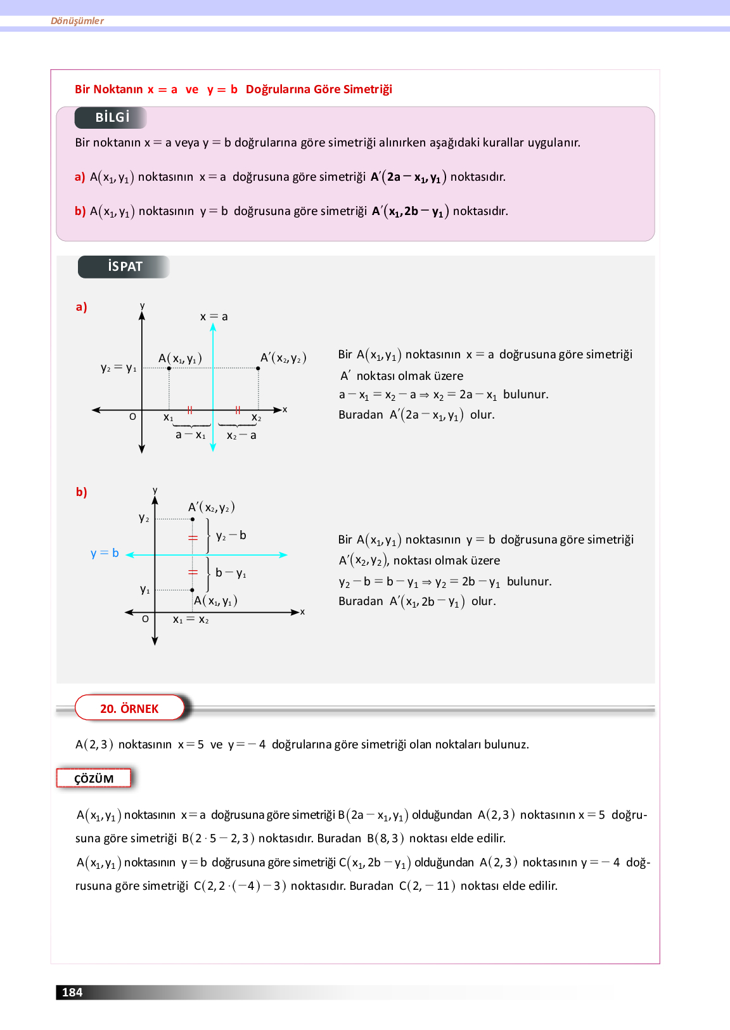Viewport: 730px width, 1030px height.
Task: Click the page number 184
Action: point(72,992)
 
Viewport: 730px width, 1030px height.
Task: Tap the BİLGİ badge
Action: point(112,117)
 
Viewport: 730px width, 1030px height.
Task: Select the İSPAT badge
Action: point(124,266)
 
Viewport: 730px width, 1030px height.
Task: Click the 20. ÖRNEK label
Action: point(129,708)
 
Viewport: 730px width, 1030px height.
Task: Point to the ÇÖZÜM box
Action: point(94,778)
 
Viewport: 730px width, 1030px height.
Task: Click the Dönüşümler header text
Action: point(77,21)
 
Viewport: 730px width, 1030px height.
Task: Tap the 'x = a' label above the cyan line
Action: point(214,316)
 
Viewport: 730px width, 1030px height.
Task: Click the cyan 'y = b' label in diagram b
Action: point(105,553)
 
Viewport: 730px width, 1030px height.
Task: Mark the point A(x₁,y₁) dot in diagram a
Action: point(169,368)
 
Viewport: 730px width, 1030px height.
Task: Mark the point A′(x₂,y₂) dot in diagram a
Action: point(258,368)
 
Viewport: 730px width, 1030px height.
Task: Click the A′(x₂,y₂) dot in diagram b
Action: point(193,519)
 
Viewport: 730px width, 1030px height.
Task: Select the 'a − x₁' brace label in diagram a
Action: point(190,435)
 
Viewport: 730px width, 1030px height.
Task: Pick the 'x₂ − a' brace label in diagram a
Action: point(241,436)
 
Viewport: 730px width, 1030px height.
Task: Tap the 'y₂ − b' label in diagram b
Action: point(231,536)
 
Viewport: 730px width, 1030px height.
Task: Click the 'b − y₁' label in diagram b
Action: point(231,573)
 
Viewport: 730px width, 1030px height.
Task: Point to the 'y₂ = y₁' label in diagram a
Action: point(118,368)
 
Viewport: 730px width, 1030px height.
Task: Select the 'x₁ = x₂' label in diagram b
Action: point(191,620)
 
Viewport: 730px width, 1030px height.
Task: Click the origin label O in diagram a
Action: point(132,417)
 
